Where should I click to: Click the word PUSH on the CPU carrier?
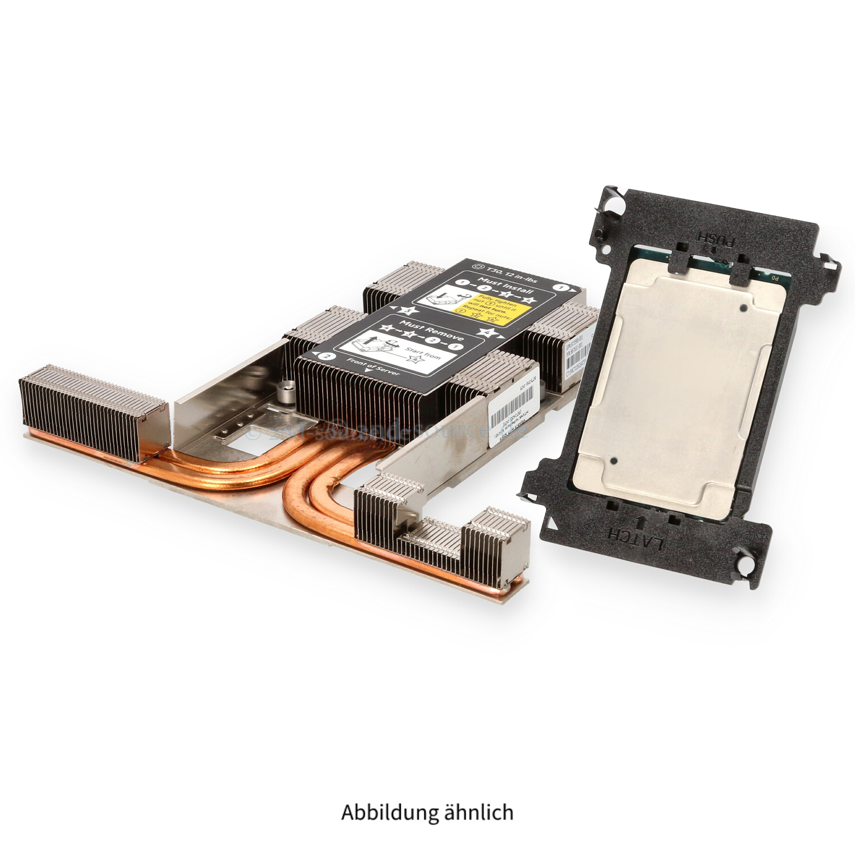[716, 235]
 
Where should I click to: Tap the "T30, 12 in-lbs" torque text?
[509, 271]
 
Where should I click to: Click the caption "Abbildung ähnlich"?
[427, 812]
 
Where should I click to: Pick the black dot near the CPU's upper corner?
[743, 308]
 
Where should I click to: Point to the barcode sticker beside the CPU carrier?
[577, 359]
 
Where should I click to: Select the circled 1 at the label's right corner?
[564, 288]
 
